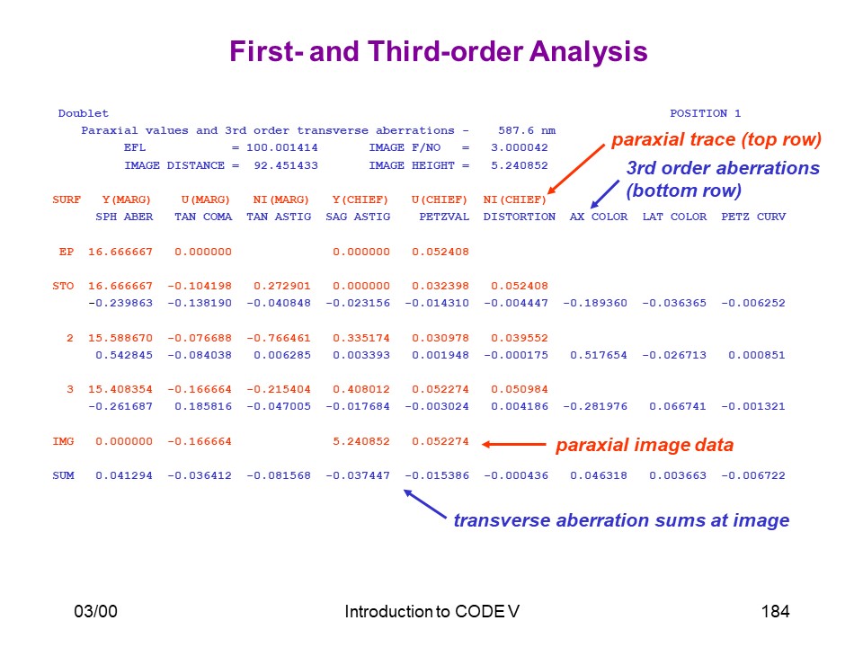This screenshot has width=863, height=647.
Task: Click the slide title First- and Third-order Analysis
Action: coord(438,52)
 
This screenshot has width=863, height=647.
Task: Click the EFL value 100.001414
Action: coord(281,147)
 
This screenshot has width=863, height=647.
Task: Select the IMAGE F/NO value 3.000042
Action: coord(520,147)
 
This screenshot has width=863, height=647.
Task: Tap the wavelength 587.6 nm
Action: coord(527,130)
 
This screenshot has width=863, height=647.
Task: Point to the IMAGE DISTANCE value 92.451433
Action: coord(286,165)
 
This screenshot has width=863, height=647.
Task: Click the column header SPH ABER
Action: coord(124,217)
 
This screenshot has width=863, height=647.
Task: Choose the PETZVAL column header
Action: coord(444,217)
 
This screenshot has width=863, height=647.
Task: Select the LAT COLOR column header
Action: coord(674,217)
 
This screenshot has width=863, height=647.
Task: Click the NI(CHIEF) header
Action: coord(514,199)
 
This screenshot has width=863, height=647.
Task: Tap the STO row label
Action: coord(63,286)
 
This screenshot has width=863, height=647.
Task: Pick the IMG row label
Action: coord(63,441)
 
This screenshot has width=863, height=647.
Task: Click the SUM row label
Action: coord(63,475)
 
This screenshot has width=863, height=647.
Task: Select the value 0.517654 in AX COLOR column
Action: coord(599,355)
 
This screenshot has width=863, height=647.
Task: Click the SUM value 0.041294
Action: coord(124,475)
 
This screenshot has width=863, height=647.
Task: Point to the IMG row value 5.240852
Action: coord(361,441)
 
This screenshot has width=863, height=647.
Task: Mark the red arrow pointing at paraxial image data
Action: coord(514,445)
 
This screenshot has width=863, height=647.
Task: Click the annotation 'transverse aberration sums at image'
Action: coord(621,520)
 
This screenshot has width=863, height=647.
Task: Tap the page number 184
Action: coord(775,611)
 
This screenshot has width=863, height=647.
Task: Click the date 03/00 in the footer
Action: coord(96,611)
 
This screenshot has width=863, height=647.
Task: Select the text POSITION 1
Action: coord(705,113)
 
